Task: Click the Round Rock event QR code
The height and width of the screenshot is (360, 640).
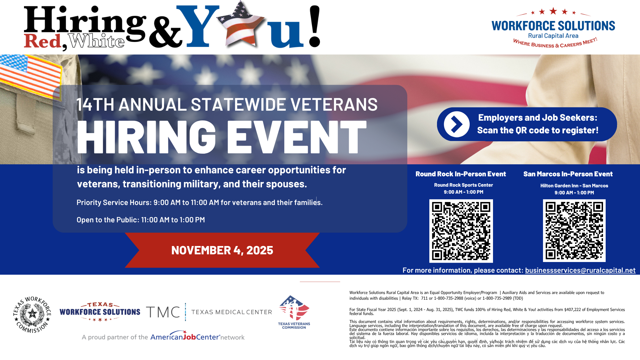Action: click(461, 231)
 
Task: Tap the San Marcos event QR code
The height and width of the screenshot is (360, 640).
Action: click(574, 231)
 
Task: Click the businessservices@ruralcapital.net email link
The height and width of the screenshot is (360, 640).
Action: click(580, 270)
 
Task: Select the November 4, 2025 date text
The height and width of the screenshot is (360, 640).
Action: click(222, 250)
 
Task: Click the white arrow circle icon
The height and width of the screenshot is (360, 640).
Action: click(457, 124)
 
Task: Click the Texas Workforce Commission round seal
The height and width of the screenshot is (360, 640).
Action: click(32, 314)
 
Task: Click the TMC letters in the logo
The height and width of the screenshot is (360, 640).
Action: click(163, 312)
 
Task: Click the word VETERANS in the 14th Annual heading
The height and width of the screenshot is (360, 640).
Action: click(334, 105)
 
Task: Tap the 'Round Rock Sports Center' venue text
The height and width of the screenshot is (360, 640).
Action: click(463, 185)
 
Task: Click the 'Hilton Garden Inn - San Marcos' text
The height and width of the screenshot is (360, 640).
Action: click(574, 186)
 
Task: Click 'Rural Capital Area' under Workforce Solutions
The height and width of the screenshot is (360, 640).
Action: click(553, 36)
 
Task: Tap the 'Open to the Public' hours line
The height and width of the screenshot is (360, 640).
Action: click(141, 220)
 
